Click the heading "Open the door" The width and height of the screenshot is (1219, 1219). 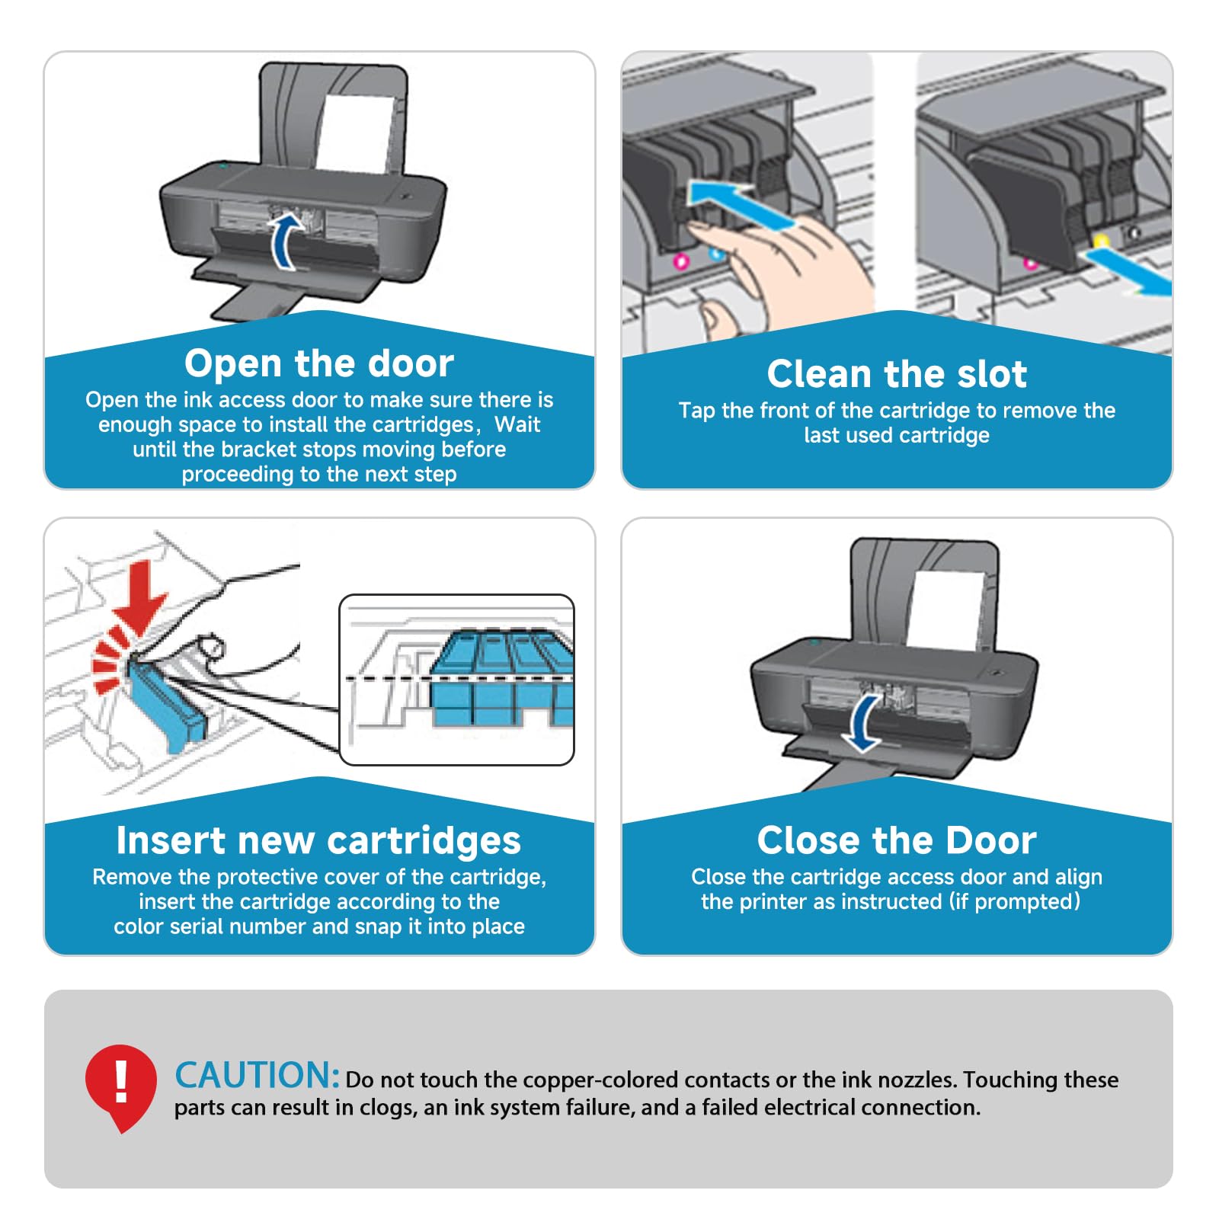coord(318,363)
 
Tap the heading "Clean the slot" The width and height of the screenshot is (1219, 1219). coord(897,374)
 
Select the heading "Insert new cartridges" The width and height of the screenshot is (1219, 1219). coord(318,840)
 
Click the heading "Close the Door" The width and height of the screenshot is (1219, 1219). coord(897,840)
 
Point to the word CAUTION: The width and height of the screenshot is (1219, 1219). coord(257,1076)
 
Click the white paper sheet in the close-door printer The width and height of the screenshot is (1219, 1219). coord(945,609)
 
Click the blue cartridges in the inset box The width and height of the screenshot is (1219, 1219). coord(499,678)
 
